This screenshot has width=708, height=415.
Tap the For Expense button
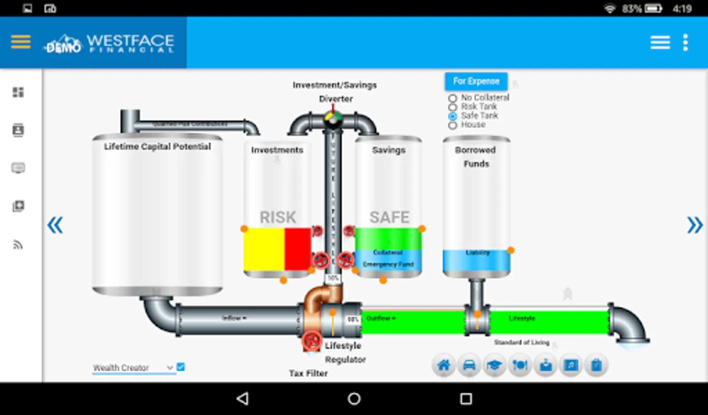point(476,81)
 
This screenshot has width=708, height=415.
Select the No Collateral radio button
point(453,98)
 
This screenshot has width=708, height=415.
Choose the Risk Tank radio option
point(453,107)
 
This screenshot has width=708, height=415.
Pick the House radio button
point(453,125)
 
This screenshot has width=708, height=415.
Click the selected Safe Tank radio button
point(453,116)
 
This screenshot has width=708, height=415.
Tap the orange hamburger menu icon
point(21,42)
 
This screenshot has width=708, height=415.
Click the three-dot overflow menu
point(685,42)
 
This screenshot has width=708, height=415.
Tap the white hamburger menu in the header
point(660,42)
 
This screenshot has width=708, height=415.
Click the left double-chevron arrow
point(55,225)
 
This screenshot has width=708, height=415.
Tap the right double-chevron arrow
point(695,225)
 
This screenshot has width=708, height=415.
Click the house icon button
point(443,366)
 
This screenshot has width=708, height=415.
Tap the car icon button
point(469,366)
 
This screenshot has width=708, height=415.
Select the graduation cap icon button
point(494,366)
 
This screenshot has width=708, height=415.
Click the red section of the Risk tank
point(297,249)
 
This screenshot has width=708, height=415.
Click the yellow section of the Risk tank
point(264,249)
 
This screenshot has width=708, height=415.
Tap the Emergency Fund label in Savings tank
point(388,264)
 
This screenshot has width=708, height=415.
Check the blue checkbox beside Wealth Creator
point(181,367)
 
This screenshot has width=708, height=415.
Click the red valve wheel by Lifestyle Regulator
point(312,341)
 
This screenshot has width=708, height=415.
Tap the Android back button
point(242,398)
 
